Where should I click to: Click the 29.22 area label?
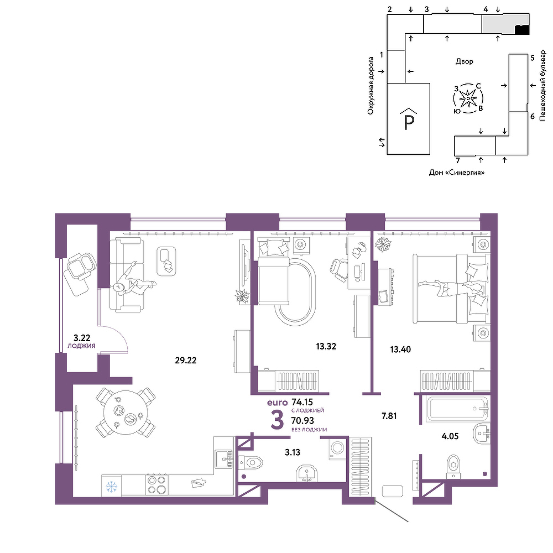pyautogui.click(x=186, y=361)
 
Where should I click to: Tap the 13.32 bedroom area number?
pyautogui.click(x=326, y=346)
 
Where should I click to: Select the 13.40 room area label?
pyautogui.click(x=400, y=349)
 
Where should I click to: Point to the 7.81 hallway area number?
pyautogui.click(x=389, y=416)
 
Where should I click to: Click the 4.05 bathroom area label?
pyautogui.click(x=450, y=436)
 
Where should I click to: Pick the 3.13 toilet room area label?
pyautogui.click(x=293, y=452)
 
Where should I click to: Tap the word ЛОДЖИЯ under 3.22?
pyautogui.click(x=81, y=346)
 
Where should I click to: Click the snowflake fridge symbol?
pyautogui.click(x=112, y=487)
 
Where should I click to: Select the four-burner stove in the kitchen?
pyautogui.click(x=157, y=485)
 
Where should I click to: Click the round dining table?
pyautogui.click(x=125, y=413)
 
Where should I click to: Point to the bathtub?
pyautogui.click(x=457, y=409)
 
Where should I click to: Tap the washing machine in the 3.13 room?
pyautogui.click(x=337, y=448)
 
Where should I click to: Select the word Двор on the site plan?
pyautogui.click(x=465, y=61)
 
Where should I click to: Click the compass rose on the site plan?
pyautogui.click(x=468, y=98)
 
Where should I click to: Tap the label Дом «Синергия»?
pyautogui.click(x=457, y=173)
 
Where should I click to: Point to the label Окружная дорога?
pyautogui.click(x=371, y=86)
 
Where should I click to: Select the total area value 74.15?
pyautogui.click(x=302, y=402)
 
